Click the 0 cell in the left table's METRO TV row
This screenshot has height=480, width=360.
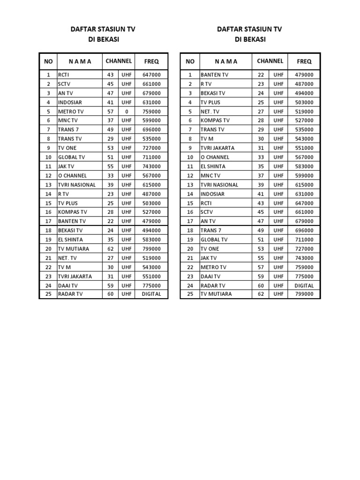(126, 112)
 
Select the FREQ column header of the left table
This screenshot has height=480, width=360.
(151, 61)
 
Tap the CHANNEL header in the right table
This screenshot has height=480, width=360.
(270, 61)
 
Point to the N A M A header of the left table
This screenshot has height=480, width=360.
(80, 61)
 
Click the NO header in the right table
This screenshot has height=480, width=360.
(190, 61)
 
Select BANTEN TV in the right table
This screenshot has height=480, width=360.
(215, 75)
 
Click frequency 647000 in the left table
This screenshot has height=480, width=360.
(151, 75)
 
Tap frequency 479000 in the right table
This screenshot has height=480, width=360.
(304, 75)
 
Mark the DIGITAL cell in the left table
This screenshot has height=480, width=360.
(151, 294)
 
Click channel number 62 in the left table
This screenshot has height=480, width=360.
(111, 249)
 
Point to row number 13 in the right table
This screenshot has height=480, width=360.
(190, 185)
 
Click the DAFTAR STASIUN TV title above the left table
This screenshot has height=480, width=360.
(103, 29)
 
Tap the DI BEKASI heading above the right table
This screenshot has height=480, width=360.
(250, 40)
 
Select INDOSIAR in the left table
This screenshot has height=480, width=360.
(70, 102)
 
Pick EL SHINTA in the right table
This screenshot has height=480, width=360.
(213, 166)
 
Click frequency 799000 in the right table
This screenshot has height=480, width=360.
(304, 294)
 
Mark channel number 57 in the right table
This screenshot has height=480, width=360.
(261, 267)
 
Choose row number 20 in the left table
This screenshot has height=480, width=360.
(48, 249)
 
